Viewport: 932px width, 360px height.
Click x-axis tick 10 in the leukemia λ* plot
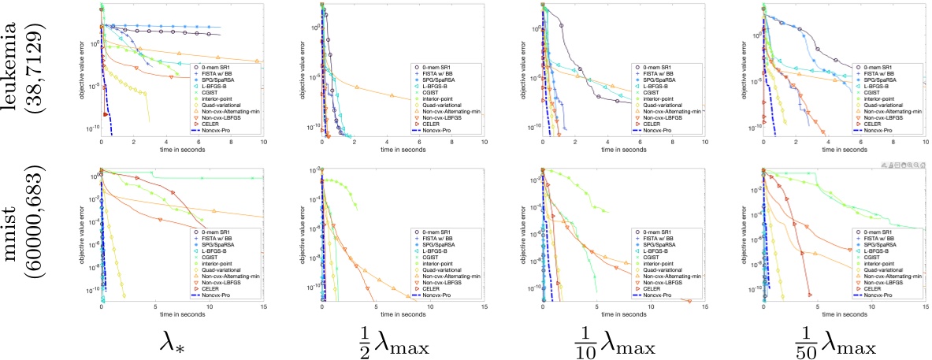263,140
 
